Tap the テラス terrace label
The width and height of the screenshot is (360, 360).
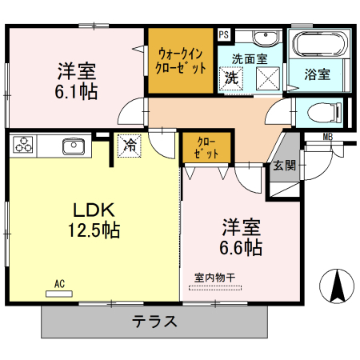(154, 322)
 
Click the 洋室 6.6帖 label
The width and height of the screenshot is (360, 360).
(242, 237)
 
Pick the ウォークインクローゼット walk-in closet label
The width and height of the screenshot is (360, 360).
(181, 61)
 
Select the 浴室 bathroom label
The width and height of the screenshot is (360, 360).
(318, 75)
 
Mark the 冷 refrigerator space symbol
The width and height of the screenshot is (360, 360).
(130, 145)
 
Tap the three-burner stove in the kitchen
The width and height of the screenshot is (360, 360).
(23, 146)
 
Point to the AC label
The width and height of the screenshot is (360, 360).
(59, 284)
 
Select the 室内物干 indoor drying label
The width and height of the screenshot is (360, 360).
(214, 278)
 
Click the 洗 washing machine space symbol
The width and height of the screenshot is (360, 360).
(230, 78)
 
